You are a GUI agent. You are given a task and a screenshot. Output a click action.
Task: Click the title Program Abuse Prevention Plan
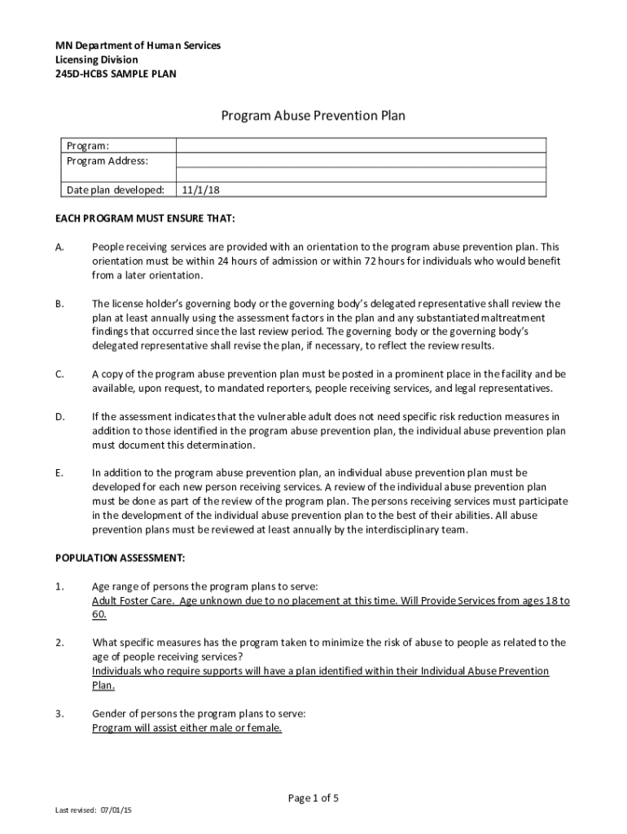click(x=313, y=116)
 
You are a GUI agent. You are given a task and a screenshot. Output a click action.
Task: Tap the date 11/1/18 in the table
click(x=201, y=190)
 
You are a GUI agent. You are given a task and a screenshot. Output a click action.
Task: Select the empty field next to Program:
click(x=360, y=146)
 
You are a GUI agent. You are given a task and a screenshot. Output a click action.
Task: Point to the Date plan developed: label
click(x=115, y=190)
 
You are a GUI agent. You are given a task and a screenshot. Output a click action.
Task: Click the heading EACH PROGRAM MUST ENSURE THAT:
click(x=145, y=218)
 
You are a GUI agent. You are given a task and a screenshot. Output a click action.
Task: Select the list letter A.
click(x=59, y=247)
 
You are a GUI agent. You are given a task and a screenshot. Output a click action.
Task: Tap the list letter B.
click(x=59, y=304)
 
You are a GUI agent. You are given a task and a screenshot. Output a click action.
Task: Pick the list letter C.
click(x=59, y=374)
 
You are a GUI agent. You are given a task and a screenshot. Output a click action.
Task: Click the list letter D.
click(x=59, y=417)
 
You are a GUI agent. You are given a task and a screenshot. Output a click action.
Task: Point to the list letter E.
click(x=59, y=472)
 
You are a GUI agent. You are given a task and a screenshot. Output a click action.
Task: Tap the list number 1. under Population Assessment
click(x=59, y=586)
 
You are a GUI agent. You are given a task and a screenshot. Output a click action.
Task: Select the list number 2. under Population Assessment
click(x=59, y=643)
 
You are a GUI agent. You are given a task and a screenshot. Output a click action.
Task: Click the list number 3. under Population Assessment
click(x=59, y=713)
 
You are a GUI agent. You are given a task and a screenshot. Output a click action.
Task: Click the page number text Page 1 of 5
click(x=313, y=798)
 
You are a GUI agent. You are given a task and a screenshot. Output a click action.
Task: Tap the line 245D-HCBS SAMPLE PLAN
click(x=115, y=74)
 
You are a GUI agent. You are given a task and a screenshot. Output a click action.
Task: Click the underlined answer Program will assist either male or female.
click(x=186, y=728)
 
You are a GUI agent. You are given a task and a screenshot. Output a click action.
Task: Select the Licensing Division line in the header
click(x=96, y=59)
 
